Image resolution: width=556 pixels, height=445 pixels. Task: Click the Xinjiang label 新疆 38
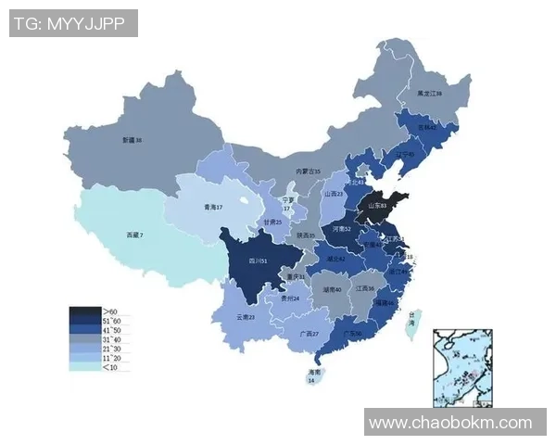[132, 140]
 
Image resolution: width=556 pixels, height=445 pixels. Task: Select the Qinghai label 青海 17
[214, 208]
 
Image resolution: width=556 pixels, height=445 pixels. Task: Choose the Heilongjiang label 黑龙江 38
[429, 94]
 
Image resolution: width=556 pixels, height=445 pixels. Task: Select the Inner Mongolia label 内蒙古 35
[308, 172]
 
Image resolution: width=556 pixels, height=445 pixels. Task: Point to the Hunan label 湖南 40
[332, 289]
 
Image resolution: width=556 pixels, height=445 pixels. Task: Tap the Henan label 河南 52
[341, 228]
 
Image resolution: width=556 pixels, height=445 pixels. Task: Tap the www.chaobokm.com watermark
[451, 423]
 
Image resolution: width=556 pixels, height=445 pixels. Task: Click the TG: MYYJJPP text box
[73, 23]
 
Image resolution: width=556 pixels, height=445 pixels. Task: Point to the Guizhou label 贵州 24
[290, 299]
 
